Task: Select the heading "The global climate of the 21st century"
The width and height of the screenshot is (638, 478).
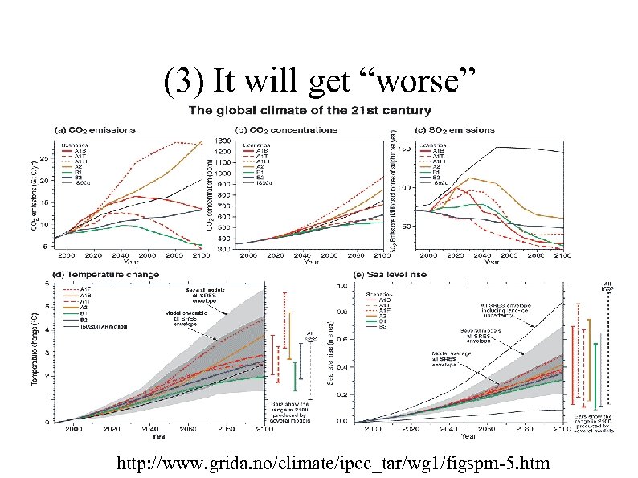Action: [x=309, y=111]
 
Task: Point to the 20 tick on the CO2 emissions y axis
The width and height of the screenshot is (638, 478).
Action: [x=45, y=179]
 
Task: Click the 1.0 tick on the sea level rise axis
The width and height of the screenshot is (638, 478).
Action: [x=342, y=285]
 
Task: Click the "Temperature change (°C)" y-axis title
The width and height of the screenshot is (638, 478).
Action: [x=36, y=352]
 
